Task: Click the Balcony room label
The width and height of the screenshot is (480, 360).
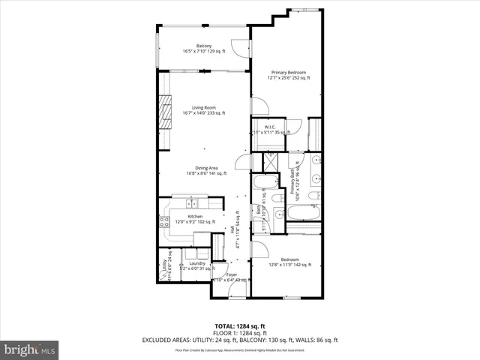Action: point(203,49)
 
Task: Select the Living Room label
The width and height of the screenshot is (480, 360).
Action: point(203,109)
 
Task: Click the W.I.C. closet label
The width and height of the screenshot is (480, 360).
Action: point(270,130)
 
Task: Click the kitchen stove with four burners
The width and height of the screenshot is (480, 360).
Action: point(163,221)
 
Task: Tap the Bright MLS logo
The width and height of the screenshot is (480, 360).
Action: point(30,349)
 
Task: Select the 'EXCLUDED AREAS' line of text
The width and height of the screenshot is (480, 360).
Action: point(239,340)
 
